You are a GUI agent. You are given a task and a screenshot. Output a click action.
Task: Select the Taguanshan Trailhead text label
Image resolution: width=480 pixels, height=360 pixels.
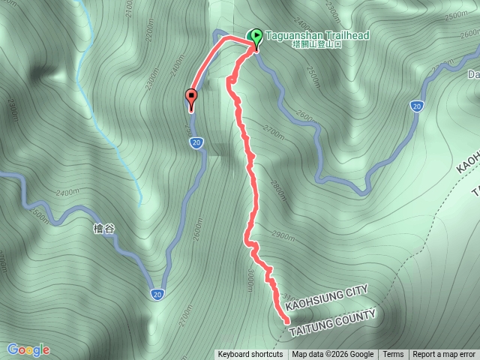coord(316,35)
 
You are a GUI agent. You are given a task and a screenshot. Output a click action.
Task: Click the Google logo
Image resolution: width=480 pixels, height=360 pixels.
coord(28,349)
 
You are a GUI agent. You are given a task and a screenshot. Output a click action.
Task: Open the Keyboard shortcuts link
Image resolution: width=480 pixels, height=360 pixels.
coord(250,355)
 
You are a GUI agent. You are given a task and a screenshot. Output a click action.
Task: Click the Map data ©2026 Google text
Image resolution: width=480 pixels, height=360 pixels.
coord(333,355)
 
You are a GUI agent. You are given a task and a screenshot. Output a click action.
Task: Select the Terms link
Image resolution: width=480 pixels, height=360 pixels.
coord(393,355)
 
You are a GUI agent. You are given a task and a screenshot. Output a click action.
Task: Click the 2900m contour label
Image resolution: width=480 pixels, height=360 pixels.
coord(283,235)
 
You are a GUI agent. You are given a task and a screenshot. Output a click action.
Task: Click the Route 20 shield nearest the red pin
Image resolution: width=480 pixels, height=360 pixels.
coord(196,142)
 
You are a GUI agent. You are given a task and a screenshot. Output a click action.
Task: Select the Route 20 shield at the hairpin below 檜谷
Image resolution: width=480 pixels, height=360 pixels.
coord(157,292)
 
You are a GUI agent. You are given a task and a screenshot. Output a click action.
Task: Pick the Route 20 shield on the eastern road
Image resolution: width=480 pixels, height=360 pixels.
coord(415,106)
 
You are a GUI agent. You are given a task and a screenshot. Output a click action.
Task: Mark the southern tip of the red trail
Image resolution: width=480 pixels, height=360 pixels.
coord(287,320)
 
